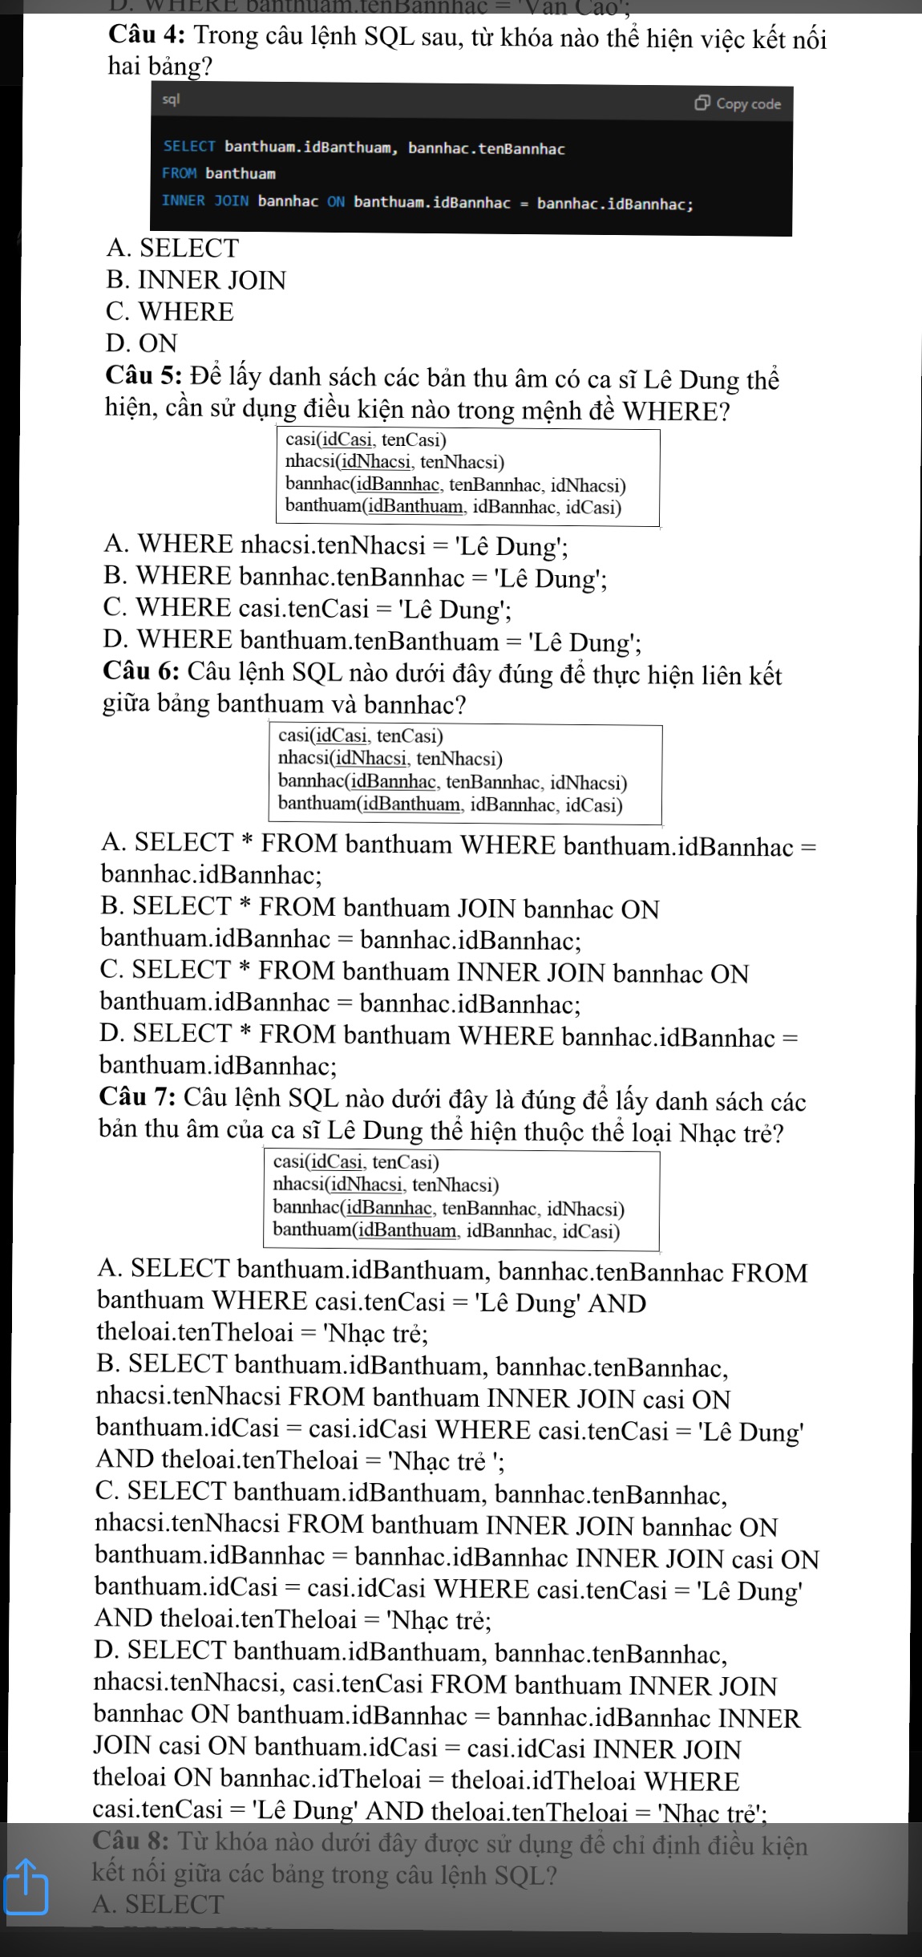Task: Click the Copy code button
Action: [738, 103]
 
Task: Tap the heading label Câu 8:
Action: [134, 1845]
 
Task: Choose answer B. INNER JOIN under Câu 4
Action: [196, 280]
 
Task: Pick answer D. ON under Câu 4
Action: [141, 343]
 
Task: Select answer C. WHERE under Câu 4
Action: [169, 311]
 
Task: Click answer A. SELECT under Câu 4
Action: [172, 248]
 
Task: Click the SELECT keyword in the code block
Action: [189, 148]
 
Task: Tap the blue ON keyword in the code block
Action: [335, 201]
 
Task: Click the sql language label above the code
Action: [171, 99]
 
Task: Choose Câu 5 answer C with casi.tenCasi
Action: [308, 609]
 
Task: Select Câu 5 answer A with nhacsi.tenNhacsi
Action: [336, 545]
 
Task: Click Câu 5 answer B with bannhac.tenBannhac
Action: [354, 577]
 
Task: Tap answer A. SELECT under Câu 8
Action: [159, 1903]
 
